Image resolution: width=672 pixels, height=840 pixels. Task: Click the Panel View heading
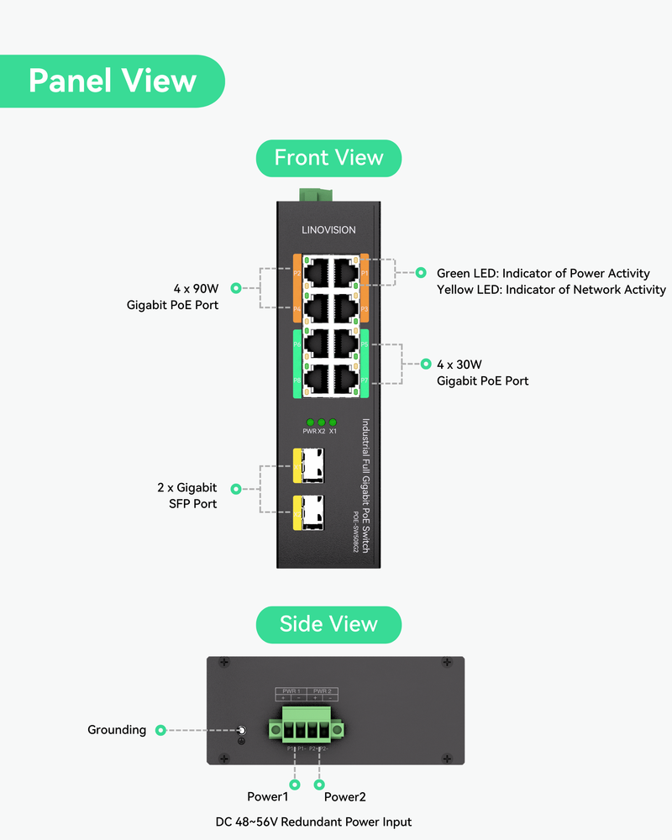click(113, 81)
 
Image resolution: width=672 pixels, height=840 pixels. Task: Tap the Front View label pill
click(328, 158)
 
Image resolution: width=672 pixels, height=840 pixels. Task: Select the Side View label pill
click(328, 624)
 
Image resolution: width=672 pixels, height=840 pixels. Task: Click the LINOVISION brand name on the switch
click(328, 230)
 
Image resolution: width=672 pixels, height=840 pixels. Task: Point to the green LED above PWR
click(310, 422)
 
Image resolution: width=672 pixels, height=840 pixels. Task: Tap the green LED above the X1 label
click(333, 422)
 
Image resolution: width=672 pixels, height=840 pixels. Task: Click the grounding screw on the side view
click(241, 731)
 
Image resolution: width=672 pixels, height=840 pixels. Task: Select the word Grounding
click(117, 730)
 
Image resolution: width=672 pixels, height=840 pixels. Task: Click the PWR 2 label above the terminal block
click(323, 691)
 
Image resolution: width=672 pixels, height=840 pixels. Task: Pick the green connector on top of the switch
click(315, 196)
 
